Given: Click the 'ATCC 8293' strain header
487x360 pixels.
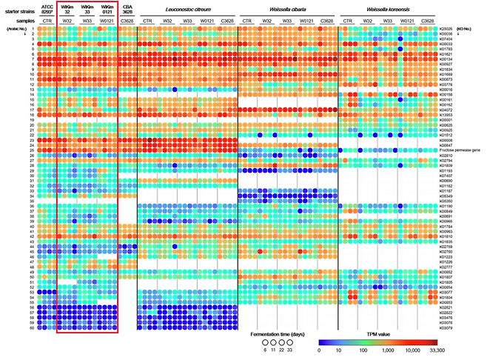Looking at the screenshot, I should tap(47, 9).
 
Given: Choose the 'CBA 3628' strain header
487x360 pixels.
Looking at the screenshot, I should tap(127, 9).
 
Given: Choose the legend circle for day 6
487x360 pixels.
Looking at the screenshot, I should tap(265, 344).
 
